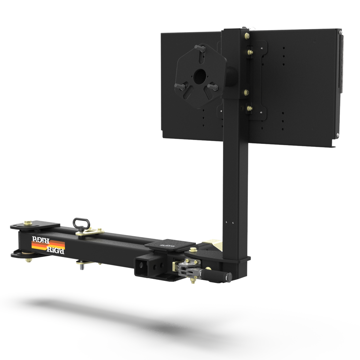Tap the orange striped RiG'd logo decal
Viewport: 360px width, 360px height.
[48, 245]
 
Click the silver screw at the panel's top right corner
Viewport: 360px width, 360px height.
[340, 31]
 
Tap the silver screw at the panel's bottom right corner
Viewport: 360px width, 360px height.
[338, 135]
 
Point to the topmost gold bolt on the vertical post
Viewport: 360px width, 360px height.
[247, 35]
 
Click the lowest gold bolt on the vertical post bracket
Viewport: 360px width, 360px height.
[249, 108]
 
